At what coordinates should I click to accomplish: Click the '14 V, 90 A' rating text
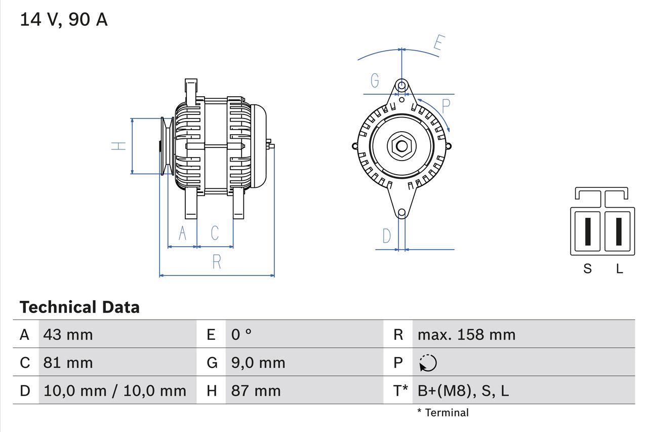tap(63, 20)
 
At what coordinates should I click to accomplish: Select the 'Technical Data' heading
tap(79, 307)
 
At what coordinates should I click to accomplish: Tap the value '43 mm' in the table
tap(68, 335)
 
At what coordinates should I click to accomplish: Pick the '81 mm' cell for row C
tap(68, 363)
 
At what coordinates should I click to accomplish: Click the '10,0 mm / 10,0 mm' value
tap(114, 390)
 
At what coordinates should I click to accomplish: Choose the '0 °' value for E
tap(241, 335)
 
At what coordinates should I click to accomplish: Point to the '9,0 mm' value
tap(258, 363)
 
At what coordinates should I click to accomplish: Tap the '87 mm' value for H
tap(256, 390)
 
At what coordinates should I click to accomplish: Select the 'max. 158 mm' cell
tap(466, 335)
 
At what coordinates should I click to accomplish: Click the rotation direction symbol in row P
tap(428, 363)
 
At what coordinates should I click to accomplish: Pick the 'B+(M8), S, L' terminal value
tap(463, 390)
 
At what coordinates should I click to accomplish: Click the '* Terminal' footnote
tap(443, 413)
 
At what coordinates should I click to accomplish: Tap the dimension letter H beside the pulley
tap(118, 146)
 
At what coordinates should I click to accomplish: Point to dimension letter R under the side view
tap(217, 262)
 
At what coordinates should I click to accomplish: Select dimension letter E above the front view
tap(438, 44)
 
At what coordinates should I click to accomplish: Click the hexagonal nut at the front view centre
tap(401, 147)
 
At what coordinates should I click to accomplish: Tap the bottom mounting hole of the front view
tap(401, 213)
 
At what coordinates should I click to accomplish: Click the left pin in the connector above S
tap(587, 231)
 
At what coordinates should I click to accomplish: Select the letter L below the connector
tap(619, 269)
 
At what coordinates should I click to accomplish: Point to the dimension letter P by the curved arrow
tap(445, 106)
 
